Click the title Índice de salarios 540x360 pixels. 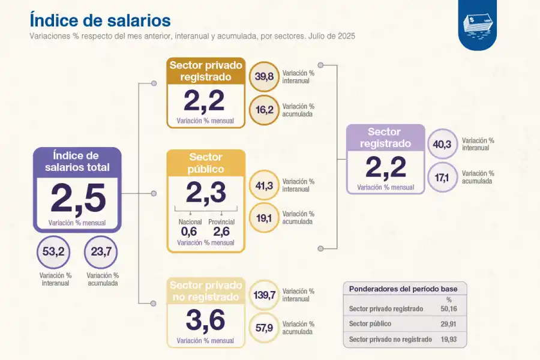click(x=100, y=20)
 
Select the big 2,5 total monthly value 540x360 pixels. click(x=77, y=199)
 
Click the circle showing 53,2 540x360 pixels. click(x=53, y=251)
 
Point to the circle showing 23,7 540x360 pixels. click(x=101, y=251)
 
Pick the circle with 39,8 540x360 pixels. click(x=264, y=77)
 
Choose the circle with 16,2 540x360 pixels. click(x=264, y=110)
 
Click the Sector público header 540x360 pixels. click(x=206, y=163)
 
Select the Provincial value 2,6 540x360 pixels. click(x=221, y=232)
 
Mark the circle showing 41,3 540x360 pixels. click(x=264, y=185)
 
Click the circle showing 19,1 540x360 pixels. click(x=264, y=218)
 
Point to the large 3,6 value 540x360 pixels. click(x=205, y=320)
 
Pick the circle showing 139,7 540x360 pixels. click(x=264, y=295)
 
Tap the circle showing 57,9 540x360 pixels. click(x=264, y=328)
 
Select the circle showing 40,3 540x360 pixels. click(x=444, y=145)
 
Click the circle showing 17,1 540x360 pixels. click(x=444, y=177)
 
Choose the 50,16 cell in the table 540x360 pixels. click(x=449, y=309)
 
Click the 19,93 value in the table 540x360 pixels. click(x=449, y=340)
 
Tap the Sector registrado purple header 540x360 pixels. click(x=385, y=138)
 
